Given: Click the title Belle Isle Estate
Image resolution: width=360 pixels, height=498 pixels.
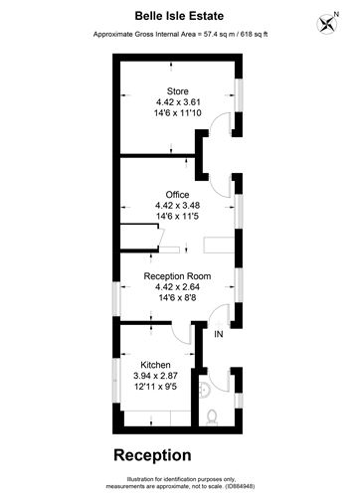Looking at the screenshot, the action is [x=179, y=16].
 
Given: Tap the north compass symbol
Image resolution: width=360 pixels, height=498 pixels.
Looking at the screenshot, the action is [x=327, y=24].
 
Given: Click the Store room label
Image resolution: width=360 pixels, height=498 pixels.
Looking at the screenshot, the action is [x=178, y=91].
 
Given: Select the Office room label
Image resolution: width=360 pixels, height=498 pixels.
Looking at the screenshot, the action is [x=177, y=195].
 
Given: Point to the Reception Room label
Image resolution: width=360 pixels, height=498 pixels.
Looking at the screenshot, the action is [x=177, y=276].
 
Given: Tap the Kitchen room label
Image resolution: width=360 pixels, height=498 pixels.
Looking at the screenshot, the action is [x=155, y=365].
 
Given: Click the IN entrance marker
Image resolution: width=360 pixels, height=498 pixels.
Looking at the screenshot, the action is [x=219, y=334].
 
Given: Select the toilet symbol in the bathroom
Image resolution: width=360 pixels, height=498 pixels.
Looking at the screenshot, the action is [x=212, y=417].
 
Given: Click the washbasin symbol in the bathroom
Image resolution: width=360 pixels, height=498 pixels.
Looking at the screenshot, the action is [x=204, y=390].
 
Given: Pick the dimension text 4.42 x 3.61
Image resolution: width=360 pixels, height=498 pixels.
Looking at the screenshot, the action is [x=178, y=102].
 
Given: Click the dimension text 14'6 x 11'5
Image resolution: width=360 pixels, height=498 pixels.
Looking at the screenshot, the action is [x=177, y=216].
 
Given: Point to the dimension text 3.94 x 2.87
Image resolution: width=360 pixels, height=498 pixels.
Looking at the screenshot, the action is [x=155, y=376].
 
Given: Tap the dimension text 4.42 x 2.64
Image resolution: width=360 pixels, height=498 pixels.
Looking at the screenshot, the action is [x=177, y=287].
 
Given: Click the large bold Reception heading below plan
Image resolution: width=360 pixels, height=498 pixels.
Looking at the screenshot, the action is [x=152, y=456].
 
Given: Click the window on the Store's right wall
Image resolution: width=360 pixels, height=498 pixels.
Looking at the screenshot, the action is [x=239, y=95].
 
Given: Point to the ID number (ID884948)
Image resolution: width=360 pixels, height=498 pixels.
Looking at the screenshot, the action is [x=240, y=486].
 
